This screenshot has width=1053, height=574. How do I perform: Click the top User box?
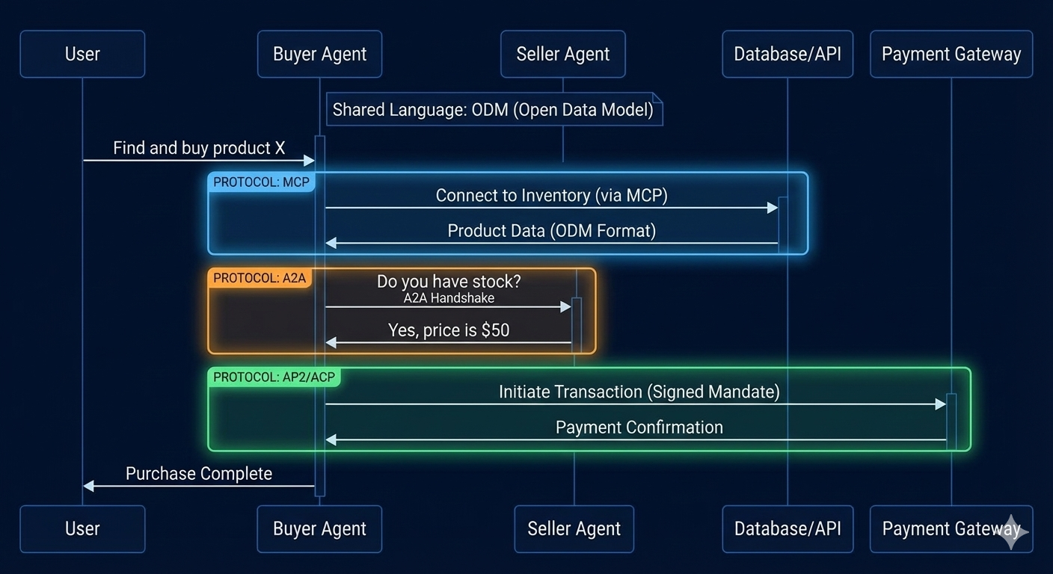(82, 54)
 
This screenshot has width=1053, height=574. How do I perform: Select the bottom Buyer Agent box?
(319, 529)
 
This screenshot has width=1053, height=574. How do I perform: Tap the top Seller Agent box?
(562, 54)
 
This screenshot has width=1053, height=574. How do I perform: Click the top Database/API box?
(788, 54)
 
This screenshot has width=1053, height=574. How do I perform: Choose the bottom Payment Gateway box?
(951, 529)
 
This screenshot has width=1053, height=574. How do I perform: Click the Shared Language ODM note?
(494, 110)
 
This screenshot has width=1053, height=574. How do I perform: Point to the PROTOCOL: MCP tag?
(261, 182)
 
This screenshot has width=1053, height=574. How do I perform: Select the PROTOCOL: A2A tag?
(260, 278)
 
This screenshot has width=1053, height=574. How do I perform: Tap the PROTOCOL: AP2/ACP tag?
(274, 377)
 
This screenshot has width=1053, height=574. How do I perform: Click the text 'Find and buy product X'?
(199, 148)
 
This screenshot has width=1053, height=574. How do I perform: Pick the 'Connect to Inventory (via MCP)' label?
(551, 196)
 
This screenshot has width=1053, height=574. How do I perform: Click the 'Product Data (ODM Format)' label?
(551, 231)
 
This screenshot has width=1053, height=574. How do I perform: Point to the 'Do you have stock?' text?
(449, 282)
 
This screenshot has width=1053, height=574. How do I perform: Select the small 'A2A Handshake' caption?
(449, 298)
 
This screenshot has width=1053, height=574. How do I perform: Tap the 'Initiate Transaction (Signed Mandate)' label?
(639, 392)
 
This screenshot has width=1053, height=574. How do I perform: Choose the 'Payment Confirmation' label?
(639, 428)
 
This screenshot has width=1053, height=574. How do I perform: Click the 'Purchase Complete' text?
(199, 474)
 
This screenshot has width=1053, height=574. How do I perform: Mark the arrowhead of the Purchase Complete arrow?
(88, 486)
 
